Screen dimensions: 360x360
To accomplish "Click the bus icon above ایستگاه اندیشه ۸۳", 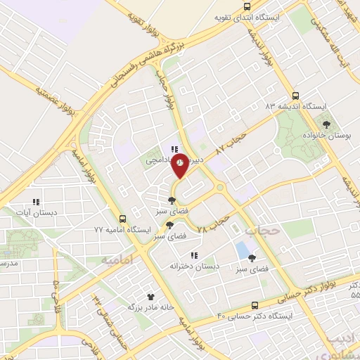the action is coord(295,96).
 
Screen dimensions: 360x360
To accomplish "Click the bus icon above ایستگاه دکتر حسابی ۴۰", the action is coord(255,305).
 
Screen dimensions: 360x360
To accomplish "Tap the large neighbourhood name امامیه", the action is coord(117,259).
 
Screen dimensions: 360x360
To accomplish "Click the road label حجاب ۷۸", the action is coord(215,225).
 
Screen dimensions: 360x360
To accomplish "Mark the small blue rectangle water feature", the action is coord(243,249).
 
